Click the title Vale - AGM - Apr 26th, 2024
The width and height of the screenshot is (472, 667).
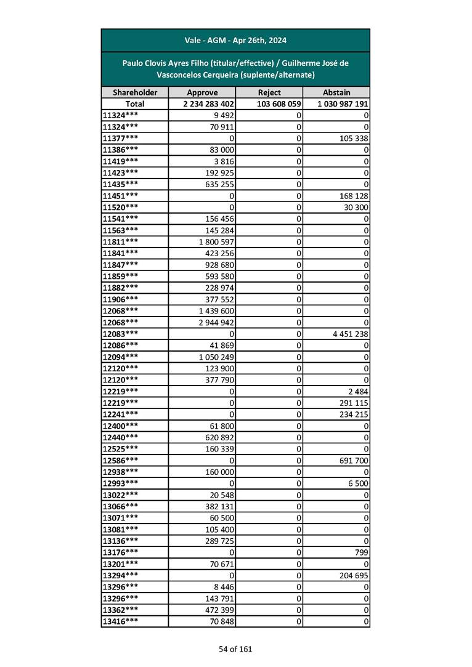point(235,41)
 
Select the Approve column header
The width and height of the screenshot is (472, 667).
point(202,92)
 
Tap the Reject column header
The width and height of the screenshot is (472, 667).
point(269,92)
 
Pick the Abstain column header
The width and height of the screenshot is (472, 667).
point(336,92)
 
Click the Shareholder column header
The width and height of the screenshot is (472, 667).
point(135,92)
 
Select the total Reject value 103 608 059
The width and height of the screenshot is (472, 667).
point(279,104)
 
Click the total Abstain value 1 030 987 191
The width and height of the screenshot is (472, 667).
point(343,104)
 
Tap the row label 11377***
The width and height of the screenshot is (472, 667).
point(120,138)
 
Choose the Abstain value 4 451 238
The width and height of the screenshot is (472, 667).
point(348,334)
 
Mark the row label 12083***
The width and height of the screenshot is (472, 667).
point(120,334)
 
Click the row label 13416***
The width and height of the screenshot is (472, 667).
point(120,621)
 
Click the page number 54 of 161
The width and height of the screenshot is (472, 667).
point(235,649)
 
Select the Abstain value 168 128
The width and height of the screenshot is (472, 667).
point(353,196)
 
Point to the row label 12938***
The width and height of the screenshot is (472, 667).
point(120,472)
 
